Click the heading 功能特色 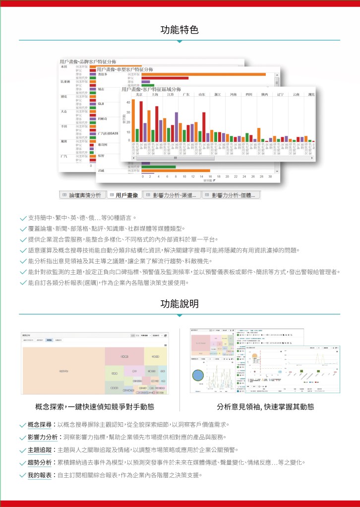pyautogui.click(x=180, y=30)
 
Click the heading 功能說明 pyautogui.click(x=180, y=303)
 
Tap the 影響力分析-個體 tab pyautogui.click(x=231, y=195)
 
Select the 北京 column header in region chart pyautogui.click(x=139, y=94)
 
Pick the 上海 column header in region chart pyautogui.click(x=155, y=94)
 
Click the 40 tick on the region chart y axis pyautogui.click(x=127, y=102)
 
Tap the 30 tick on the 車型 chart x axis pyautogui.click(x=270, y=176)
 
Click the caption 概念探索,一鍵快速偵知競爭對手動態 pyautogui.click(x=95, y=407)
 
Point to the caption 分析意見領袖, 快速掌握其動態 pyautogui.click(x=265, y=407)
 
